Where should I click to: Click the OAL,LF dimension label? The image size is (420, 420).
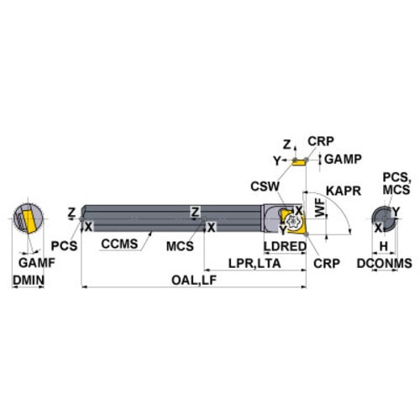click(194, 281)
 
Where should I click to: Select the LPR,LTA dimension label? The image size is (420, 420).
click(255, 264)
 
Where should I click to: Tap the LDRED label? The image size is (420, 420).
click(285, 246)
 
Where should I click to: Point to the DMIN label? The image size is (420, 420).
click(29, 280)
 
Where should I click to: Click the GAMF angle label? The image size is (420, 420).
click(37, 263)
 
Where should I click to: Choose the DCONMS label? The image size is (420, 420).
click(384, 263)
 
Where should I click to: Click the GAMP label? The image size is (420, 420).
click(343, 160)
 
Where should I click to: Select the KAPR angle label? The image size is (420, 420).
click(344, 191)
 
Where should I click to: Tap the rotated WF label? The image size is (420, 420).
click(320, 207)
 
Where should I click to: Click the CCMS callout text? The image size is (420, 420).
click(119, 244)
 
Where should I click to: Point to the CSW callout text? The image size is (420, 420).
click(265, 186)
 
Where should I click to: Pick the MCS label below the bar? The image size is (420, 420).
click(180, 246)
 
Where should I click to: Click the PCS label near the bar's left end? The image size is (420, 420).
click(64, 246)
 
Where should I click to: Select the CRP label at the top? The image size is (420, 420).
click(321, 141)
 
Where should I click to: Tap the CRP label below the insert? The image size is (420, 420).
click(327, 263)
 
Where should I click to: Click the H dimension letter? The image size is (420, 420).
click(384, 246)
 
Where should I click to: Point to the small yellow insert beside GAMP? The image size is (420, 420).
click(298, 162)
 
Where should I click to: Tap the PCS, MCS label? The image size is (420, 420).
click(396, 183)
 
